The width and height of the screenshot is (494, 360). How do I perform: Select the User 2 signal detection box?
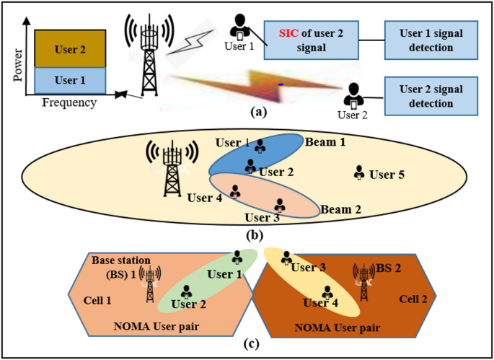tap(431, 95)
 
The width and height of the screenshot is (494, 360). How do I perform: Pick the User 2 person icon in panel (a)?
tap(353, 95)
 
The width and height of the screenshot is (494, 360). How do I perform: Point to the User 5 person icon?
tap(358, 173)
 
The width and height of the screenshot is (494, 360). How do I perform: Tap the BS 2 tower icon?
tap(361, 279)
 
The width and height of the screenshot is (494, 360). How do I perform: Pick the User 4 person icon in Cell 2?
tap(328, 293)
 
